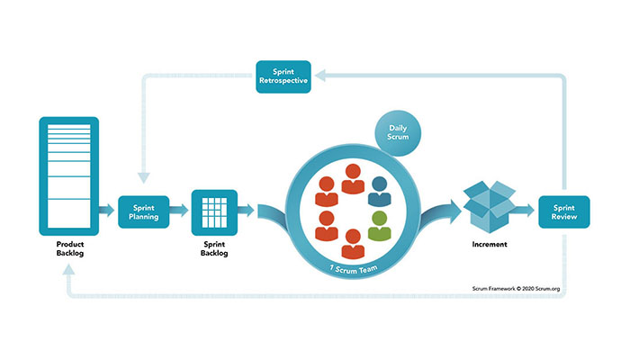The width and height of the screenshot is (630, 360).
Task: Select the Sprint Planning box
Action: [144, 211]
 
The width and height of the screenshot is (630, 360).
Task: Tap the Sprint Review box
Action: [563, 211]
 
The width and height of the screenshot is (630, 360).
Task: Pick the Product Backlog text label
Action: [68, 249]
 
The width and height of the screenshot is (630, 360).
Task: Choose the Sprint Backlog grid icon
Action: [214, 211]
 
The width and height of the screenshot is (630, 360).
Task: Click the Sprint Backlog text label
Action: [214, 249]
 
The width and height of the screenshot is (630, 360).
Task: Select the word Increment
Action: [488, 244]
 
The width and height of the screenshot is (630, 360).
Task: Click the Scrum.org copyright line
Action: [522, 289]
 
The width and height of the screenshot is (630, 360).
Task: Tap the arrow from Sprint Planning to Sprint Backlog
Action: [180, 211]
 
